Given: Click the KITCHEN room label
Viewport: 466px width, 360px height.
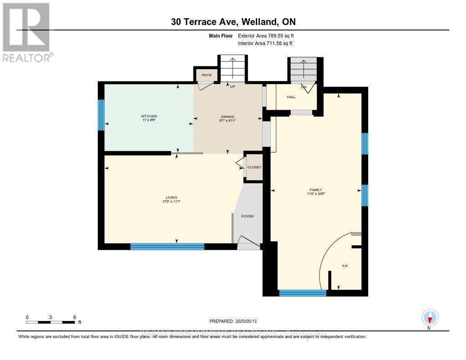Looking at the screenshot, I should coord(149,117).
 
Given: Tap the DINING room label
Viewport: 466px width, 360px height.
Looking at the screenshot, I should coord(228,117).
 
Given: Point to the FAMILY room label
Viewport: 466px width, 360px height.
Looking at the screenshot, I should coord(316,190).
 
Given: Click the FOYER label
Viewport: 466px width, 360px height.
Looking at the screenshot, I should coord(248,216).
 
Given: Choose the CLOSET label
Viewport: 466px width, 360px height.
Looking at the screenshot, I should coord(254,167).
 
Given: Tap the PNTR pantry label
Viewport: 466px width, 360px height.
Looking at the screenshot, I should coord(201,75).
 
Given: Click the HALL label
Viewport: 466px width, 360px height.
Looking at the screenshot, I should coord(291,97).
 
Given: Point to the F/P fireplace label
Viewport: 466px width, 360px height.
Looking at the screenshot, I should coord(345,266).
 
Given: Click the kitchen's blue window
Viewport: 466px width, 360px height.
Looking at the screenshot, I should coord(101,115).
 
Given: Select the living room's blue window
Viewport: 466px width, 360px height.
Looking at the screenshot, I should coord(167,247).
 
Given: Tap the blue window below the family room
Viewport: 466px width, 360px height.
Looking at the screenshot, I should coord(303,293).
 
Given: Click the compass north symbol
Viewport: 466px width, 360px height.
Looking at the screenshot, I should coord(430,317).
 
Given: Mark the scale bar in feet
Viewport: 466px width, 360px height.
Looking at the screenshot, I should coord(51,322).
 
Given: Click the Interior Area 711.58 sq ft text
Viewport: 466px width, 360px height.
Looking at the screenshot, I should coord(265,43).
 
